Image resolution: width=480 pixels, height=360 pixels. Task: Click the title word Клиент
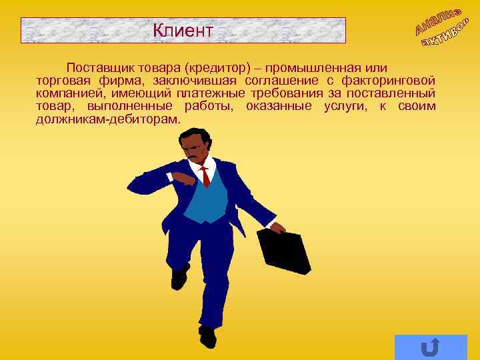[183, 30]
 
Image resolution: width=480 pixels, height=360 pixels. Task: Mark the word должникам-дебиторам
[108, 119]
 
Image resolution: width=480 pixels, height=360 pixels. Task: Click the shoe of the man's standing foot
[208, 336]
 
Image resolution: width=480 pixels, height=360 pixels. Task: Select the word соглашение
[280, 81]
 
